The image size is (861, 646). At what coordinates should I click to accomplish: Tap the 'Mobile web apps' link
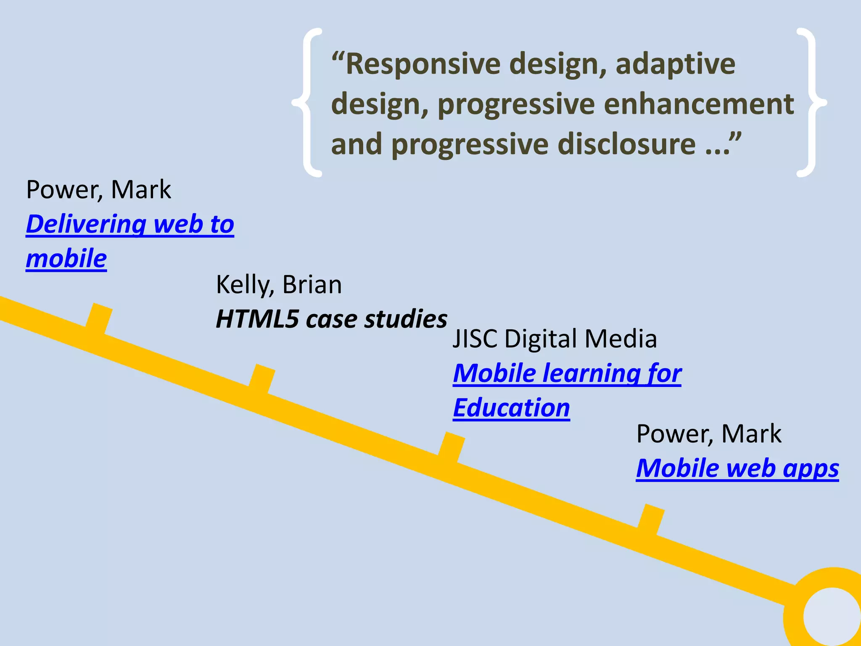[x=737, y=468]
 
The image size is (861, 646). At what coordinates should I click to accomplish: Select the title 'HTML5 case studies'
[x=331, y=319]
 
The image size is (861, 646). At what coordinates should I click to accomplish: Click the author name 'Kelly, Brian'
[x=279, y=285]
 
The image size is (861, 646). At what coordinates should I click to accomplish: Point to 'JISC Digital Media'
[x=555, y=339]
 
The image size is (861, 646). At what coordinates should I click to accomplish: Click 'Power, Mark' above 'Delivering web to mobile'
[x=98, y=190]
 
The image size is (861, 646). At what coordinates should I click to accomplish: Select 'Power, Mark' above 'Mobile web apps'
[x=709, y=434]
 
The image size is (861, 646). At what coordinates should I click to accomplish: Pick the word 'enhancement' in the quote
[x=699, y=104]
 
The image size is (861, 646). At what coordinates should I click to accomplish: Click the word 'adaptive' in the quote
[x=676, y=64]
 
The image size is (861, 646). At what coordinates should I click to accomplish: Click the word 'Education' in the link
[x=511, y=408]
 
